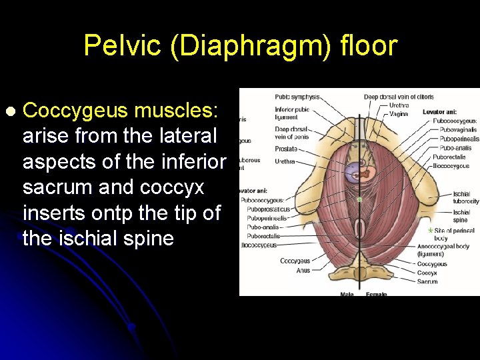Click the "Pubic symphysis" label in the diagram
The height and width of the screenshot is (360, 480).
tap(297, 97)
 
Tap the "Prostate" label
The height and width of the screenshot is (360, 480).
tap(285, 149)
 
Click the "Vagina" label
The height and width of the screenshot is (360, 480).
tap(399, 113)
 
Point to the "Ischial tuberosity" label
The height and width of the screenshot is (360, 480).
tap(465, 198)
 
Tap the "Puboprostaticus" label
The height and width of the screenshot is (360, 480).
tap(269, 209)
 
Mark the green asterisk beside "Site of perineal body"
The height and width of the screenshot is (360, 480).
tap(430, 230)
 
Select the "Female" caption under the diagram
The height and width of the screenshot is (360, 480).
tap(377, 293)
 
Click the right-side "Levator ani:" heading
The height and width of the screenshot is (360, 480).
tap(439, 112)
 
